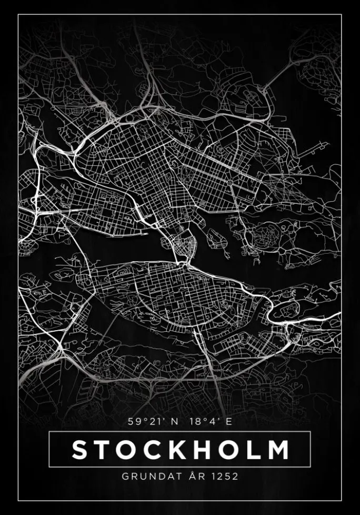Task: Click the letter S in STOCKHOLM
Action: tap(79, 450)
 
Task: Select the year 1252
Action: tap(224, 477)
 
